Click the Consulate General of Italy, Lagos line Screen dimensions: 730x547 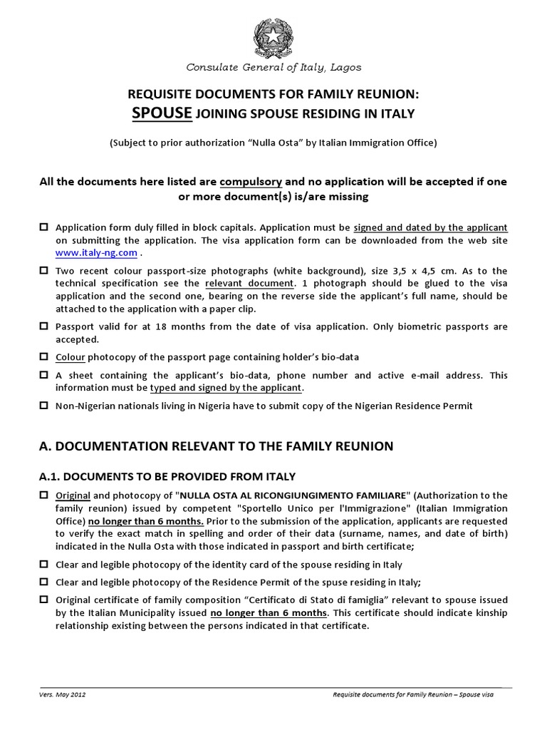[273, 68]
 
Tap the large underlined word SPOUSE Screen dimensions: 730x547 [162, 113]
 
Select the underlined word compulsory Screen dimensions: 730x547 [251, 181]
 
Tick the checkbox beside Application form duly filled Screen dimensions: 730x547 [44, 227]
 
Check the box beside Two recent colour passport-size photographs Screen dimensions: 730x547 [44, 270]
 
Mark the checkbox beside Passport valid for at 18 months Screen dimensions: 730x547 [44, 327]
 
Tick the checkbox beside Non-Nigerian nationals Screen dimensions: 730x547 [44, 406]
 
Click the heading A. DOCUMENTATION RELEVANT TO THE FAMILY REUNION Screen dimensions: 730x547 [215, 446]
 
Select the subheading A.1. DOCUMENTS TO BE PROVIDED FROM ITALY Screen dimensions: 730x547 [167, 475]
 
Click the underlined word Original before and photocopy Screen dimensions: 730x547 [73, 495]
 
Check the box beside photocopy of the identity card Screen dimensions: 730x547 [44, 564]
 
